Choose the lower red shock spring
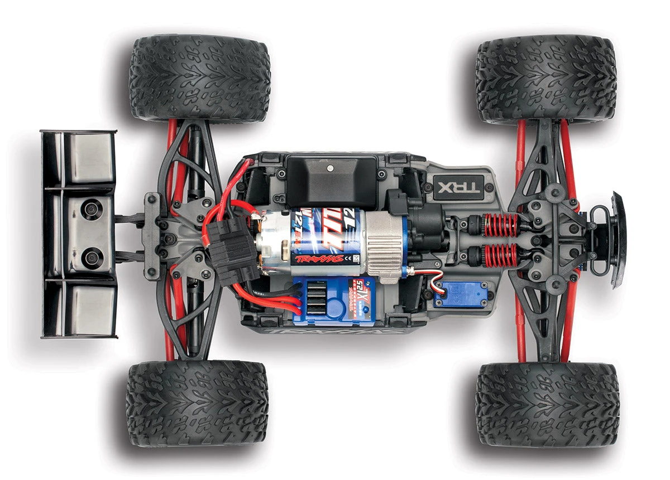click(x=501, y=255)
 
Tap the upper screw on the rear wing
click(x=90, y=209)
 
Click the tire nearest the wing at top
click(x=200, y=78)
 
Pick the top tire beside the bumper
click(x=545, y=80)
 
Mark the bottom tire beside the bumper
click(x=547, y=404)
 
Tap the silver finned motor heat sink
click(x=382, y=245)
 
